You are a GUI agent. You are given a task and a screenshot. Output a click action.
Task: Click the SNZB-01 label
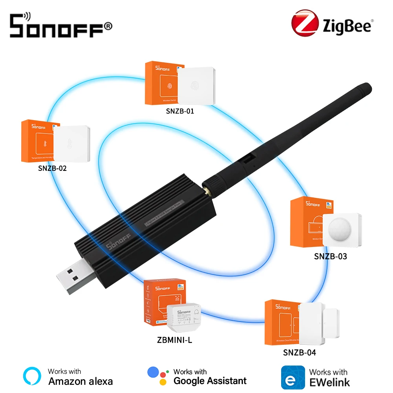pyautogui.click(x=180, y=111)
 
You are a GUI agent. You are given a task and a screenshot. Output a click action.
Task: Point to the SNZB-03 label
pyautogui.click(x=331, y=256)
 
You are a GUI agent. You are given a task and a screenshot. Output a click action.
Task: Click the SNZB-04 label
pyautogui.click(x=299, y=352)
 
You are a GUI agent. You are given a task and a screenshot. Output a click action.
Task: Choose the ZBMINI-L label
pyautogui.click(x=174, y=340)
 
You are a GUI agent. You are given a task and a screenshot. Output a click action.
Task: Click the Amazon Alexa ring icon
pyautogui.click(x=32, y=377)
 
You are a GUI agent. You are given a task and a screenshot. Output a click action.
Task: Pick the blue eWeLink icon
pyautogui.click(x=293, y=377)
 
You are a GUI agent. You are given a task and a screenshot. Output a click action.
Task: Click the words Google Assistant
pyautogui.click(x=210, y=380)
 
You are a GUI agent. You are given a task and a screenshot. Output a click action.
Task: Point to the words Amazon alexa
pyautogui.click(x=80, y=381)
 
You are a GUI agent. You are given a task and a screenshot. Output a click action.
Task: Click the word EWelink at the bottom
pyautogui.click(x=329, y=382)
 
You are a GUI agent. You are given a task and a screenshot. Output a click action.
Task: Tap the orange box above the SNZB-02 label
pyautogui.click(x=38, y=142)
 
